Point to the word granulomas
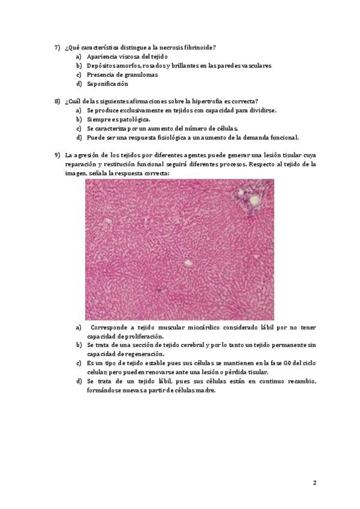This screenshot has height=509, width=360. tap(125, 74)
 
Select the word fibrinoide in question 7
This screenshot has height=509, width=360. tap(199, 47)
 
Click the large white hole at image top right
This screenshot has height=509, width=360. tap(254, 200)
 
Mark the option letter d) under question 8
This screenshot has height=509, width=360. tap(79, 137)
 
